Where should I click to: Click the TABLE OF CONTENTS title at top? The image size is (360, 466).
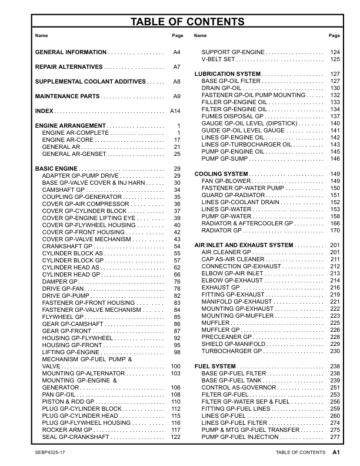[187, 22]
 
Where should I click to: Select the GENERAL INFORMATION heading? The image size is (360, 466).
[71, 52]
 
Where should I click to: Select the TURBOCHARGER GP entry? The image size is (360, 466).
[231, 351]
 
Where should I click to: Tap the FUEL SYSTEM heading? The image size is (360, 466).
[215, 366]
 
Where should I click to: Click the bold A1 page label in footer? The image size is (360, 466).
[336, 452]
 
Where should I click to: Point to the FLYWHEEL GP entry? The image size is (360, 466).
[64, 317]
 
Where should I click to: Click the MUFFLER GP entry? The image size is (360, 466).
[220, 330]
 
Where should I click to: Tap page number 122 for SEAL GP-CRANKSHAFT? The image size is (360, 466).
[175, 437]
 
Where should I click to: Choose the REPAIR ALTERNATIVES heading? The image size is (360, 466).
[69, 67]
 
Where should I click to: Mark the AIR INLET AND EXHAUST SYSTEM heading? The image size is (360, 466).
[244, 245]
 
